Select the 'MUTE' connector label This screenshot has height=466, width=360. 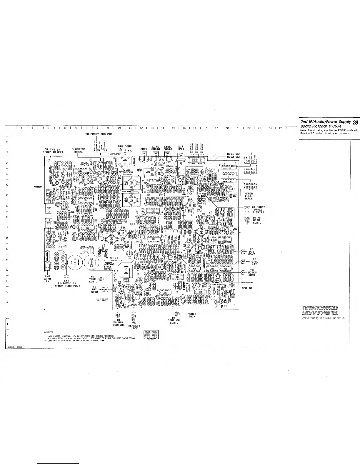(144, 149)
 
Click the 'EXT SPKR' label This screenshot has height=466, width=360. (181, 148)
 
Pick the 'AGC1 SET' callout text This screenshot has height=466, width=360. (234, 154)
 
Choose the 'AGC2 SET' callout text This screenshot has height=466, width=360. (234, 157)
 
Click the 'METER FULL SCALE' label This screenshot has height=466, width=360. (249, 196)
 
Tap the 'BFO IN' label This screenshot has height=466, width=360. (246, 288)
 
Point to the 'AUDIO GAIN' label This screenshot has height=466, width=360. (192, 315)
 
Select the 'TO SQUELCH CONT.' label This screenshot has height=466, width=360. (174, 320)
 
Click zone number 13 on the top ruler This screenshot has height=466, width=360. (152, 128)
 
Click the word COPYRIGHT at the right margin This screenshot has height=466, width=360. (309, 318)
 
